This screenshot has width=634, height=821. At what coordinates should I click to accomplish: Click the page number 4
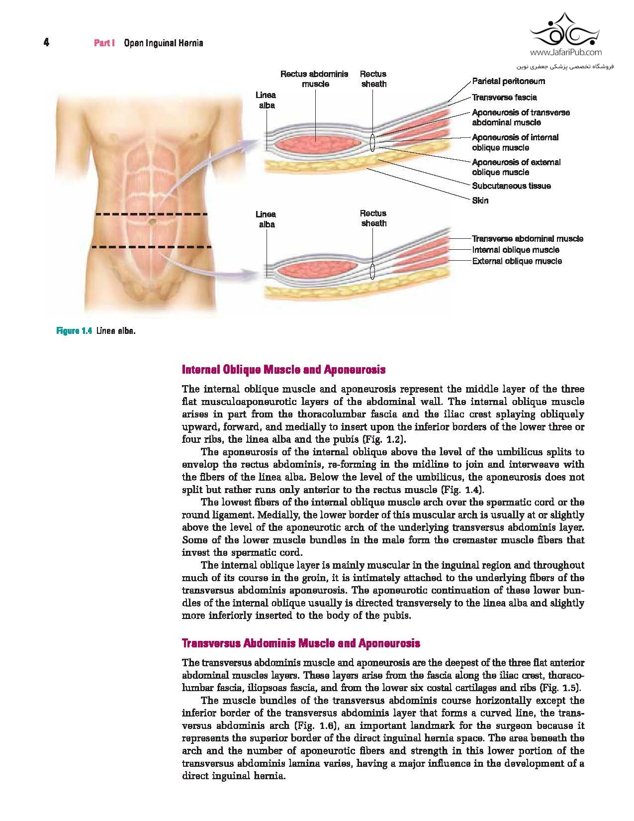46,43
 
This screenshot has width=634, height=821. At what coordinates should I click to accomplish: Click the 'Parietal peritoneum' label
508,81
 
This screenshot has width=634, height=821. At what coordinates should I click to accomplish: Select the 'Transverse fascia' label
504,98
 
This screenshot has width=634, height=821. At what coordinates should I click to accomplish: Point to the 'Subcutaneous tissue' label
511,186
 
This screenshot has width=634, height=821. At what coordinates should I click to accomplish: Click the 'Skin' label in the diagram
480,201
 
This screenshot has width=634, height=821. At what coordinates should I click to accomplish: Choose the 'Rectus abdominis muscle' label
315,79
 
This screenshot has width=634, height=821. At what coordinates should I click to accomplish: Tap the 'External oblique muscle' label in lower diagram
517,261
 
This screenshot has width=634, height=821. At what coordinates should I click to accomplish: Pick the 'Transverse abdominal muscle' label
527,239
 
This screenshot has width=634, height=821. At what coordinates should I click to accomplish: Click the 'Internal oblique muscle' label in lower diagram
515,250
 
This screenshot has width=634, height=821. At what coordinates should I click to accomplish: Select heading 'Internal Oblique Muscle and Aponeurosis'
284,370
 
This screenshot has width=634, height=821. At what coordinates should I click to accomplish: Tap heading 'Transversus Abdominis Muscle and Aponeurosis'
301,643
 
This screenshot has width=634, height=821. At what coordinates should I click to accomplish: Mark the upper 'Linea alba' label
266,100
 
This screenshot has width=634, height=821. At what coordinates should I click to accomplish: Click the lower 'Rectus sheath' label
373,218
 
